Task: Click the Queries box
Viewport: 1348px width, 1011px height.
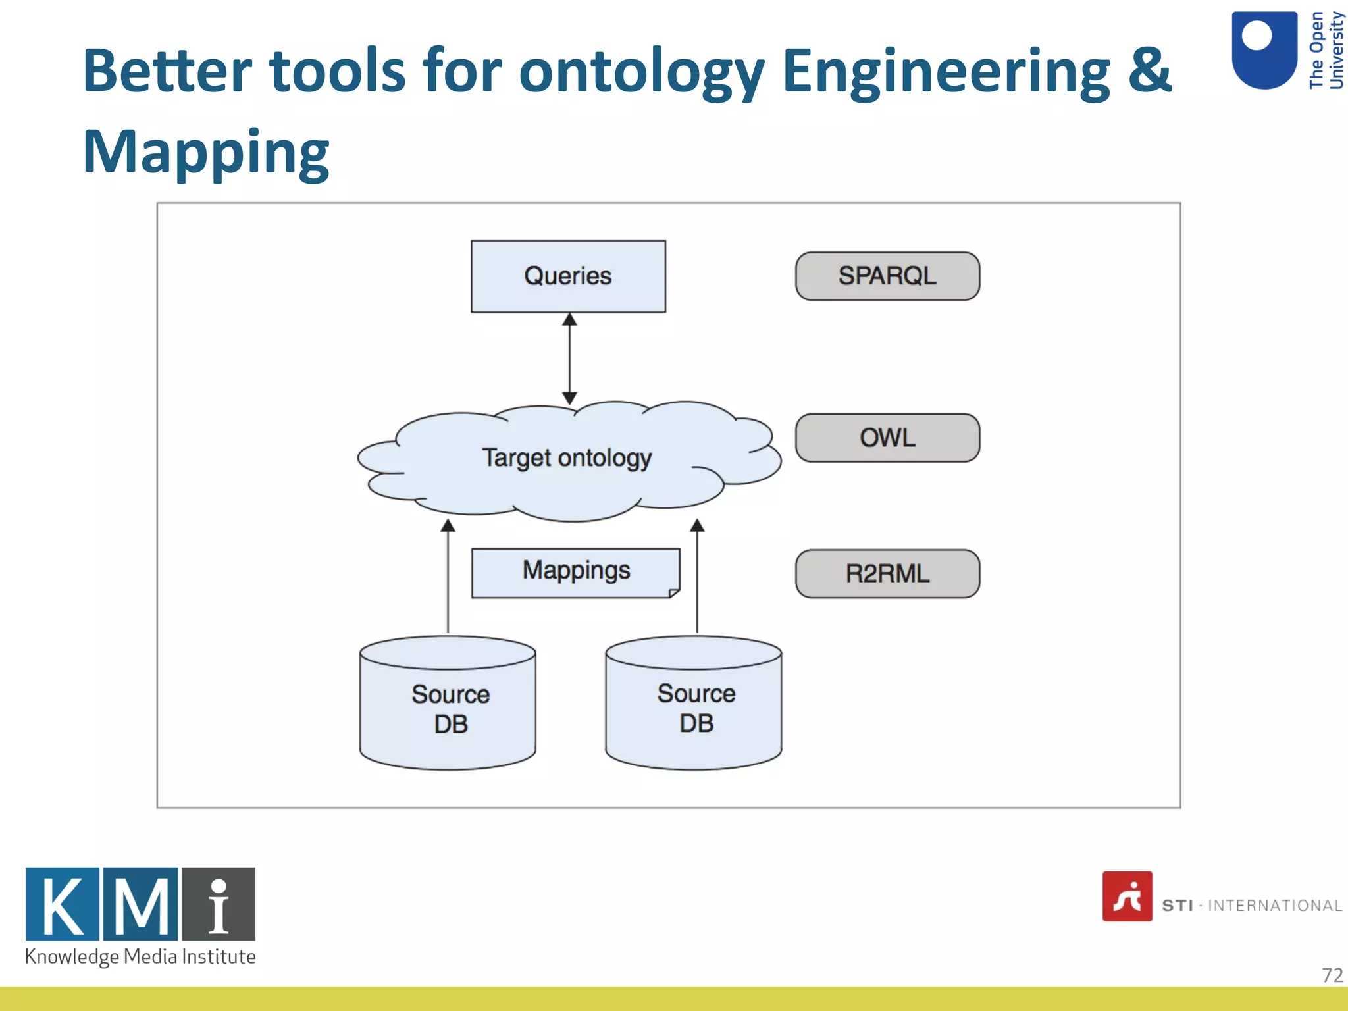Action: (568, 276)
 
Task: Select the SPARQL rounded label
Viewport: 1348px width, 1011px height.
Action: (887, 276)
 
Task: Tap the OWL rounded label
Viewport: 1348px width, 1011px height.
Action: (887, 438)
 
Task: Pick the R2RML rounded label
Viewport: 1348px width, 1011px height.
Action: (887, 573)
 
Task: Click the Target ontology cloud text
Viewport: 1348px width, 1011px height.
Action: (567, 457)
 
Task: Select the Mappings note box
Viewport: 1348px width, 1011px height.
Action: (576, 571)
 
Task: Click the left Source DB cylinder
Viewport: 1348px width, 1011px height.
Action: (448, 708)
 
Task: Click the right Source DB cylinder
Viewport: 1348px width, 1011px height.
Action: (694, 708)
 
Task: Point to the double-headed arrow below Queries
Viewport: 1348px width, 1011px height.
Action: (570, 359)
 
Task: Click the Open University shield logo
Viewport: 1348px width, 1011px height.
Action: (1264, 49)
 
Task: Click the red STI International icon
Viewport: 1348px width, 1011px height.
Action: (1127, 896)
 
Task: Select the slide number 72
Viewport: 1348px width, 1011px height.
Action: (1332, 975)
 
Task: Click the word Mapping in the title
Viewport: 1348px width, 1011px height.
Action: (205, 153)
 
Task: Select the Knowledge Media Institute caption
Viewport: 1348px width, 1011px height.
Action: (140, 956)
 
